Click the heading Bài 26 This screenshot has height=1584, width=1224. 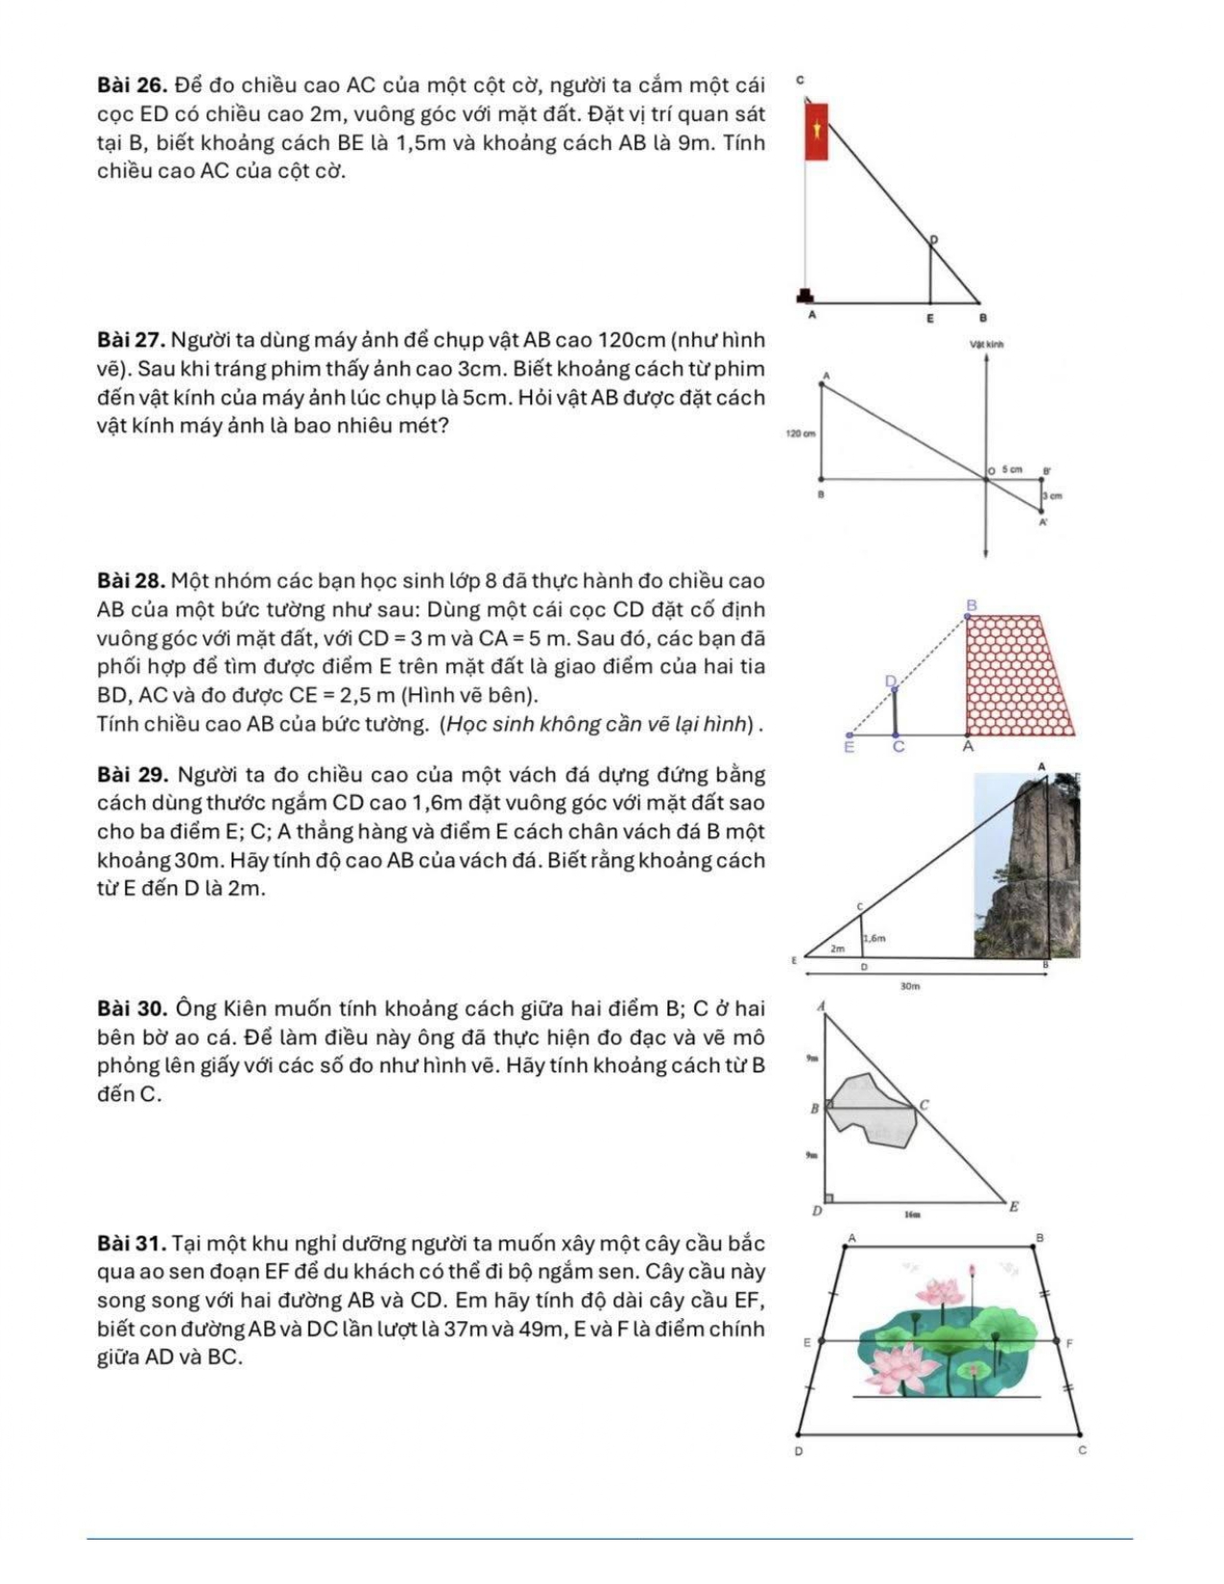[132, 85]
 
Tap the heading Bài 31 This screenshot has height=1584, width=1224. [132, 1244]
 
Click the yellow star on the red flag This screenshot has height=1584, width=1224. [817, 129]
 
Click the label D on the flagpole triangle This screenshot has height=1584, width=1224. [932, 238]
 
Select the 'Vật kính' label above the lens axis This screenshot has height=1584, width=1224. [987, 343]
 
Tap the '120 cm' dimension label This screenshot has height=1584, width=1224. [800, 434]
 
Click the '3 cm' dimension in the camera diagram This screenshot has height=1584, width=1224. [1053, 496]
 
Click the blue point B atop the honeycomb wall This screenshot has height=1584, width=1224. [968, 617]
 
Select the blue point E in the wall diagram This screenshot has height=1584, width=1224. [849, 735]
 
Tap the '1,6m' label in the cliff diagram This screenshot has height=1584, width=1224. [873, 938]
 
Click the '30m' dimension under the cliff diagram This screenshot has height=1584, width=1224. [910, 986]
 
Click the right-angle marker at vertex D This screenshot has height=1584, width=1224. [828, 1197]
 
